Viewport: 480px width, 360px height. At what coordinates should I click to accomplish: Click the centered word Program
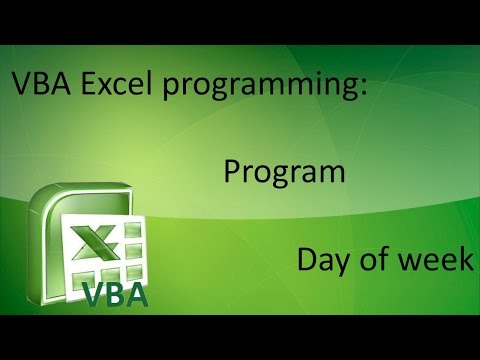coord(285,172)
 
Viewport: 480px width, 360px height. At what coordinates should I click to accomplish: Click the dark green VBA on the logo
coord(116,294)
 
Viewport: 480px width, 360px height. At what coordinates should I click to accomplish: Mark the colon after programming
coord(361,88)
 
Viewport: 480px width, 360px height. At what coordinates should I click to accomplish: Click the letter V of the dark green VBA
coord(92,294)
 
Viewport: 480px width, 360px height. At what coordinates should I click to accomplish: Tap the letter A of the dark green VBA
coord(139,294)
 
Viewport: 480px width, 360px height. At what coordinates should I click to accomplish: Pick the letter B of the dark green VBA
coord(116,294)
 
